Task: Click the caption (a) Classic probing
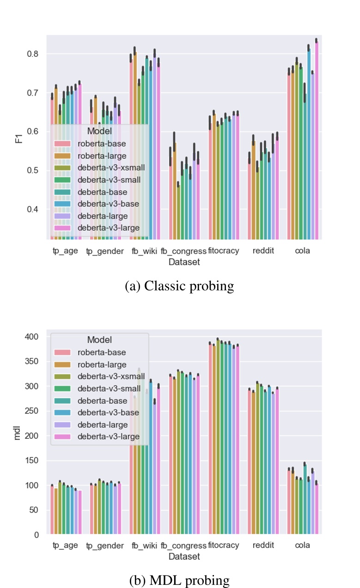pyautogui.click(x=179, y=286)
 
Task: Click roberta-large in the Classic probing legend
pyautogui.click(x=102, y=156)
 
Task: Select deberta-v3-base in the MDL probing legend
pyautogui.click(x=108, y=412)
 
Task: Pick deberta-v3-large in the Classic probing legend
pyautogui.click(x=108, y=227)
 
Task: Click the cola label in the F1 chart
pyautogui.click(x=302, y=251)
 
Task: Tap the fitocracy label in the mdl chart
pyautogui.click(x=224, y=546)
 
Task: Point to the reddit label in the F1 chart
pyautogui.click(x=263, y=251)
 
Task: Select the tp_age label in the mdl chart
pyautogui.click(x=65, y=546)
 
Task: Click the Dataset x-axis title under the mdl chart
pyautogui.click(x=184, y=557)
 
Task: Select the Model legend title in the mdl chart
pyautogui.click(x=99, y=340)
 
